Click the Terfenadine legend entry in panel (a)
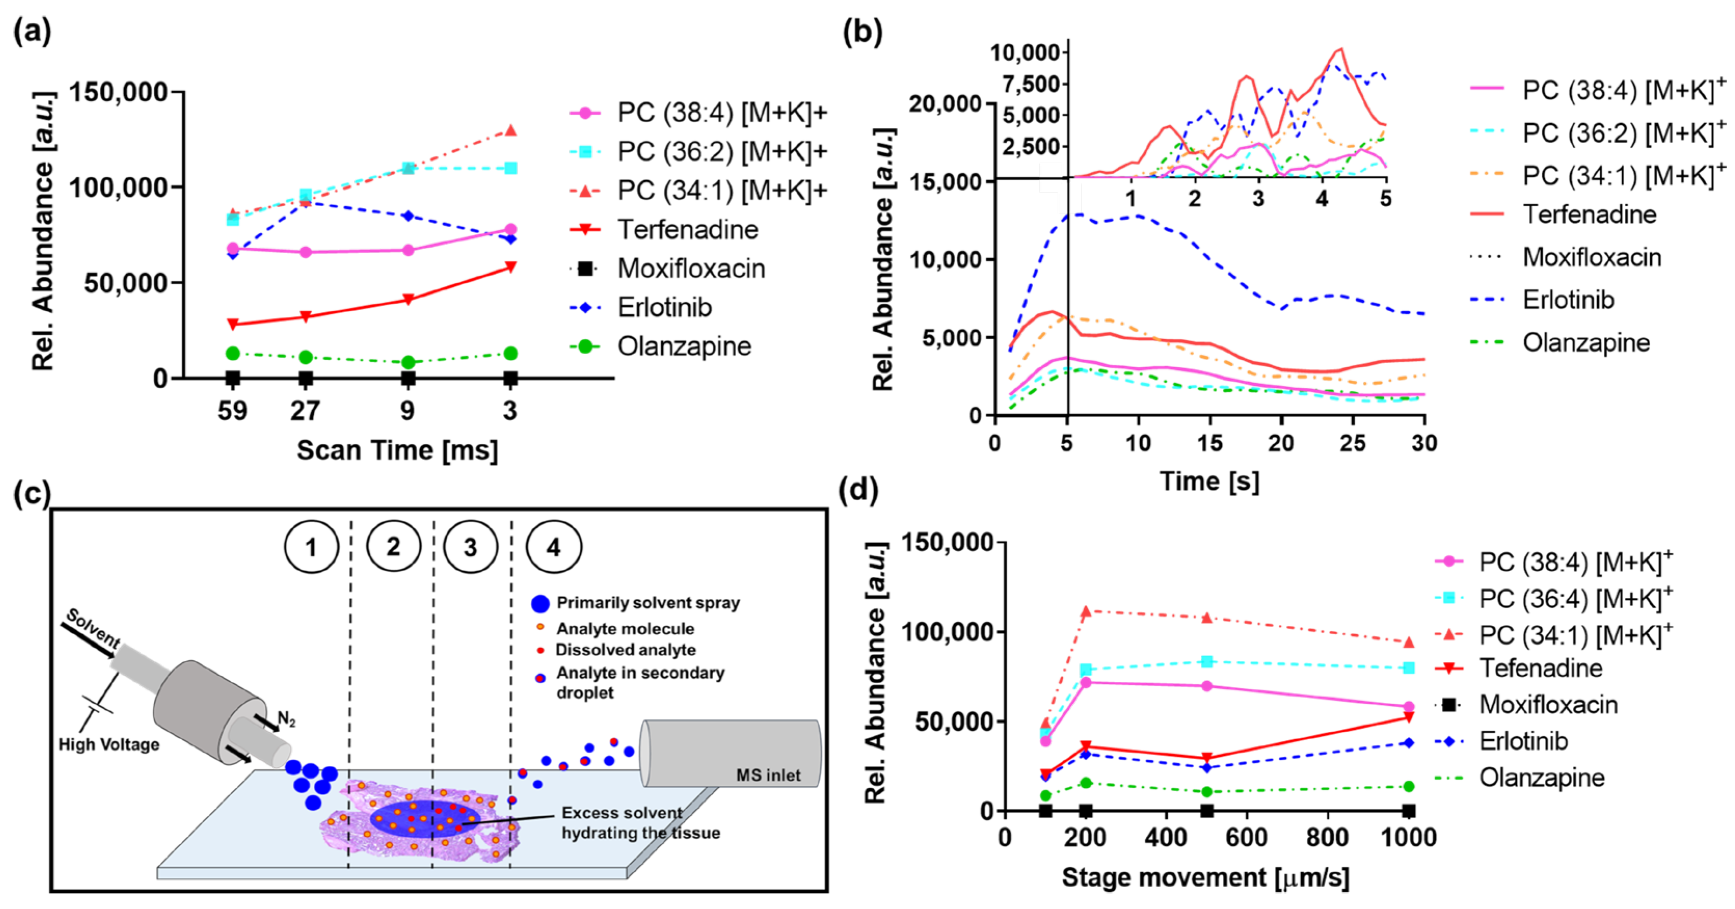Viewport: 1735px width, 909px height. coord(687,230)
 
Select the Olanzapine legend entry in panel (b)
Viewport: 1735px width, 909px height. coord(1585,343)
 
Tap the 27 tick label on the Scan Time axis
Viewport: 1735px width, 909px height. coord(305,410)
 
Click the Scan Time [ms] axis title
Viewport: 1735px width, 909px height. coord(397,450)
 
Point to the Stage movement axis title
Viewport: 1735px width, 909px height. coord(1205,877)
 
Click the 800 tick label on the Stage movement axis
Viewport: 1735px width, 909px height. coord(1327,838)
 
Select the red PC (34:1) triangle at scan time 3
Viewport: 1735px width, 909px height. coord(511,130)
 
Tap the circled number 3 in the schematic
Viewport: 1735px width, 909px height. coord(470,547)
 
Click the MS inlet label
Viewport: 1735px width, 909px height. coord(768,775)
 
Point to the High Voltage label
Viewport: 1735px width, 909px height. coord(109,744)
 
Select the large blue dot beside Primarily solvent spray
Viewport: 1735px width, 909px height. coord(540,603)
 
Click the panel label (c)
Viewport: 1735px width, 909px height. coord(32,493)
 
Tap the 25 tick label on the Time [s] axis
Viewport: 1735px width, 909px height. coord(1353,443)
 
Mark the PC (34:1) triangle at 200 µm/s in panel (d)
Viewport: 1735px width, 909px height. coord(1086,611)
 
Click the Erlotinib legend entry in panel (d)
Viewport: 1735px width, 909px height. coord(1523,741)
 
